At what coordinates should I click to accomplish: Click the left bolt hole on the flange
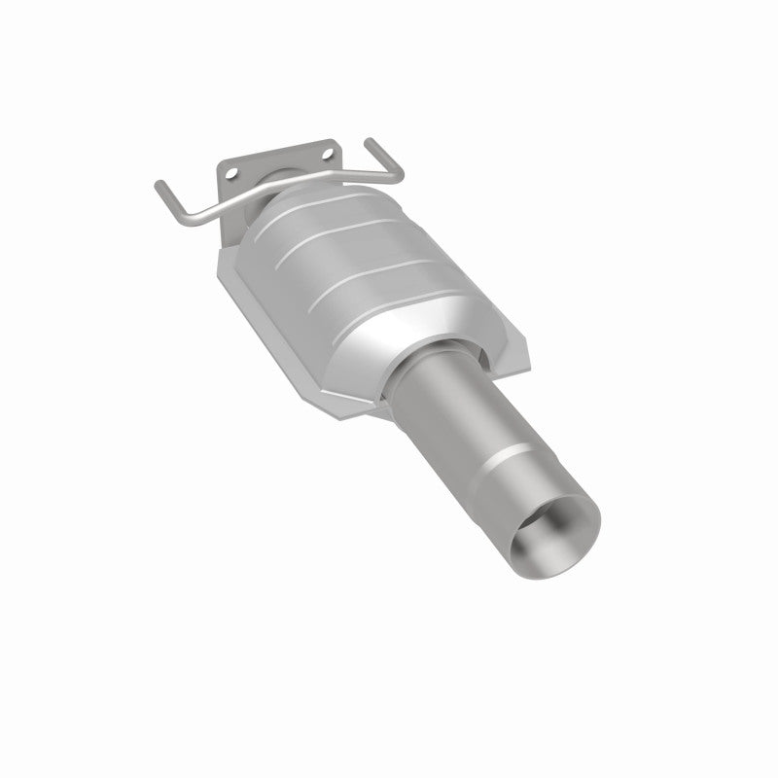click(231, 172)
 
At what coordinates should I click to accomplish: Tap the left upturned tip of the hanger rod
click(158, 184)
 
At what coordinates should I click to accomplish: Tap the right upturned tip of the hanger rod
click(370, 143)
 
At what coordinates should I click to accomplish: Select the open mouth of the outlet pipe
click(554, 536)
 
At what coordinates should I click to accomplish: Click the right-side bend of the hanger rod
click(393, 177)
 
